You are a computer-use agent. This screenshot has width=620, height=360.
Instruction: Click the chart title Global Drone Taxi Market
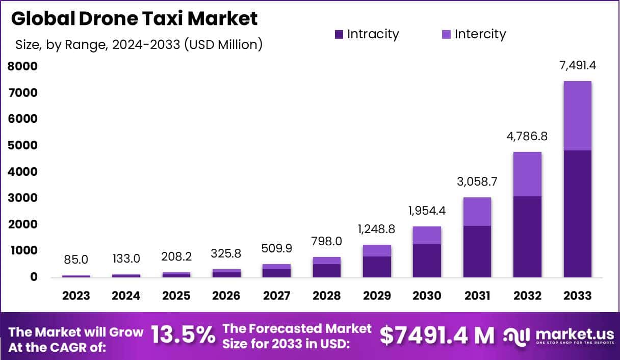coord(134,18)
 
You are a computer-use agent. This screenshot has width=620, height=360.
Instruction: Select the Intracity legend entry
coord(367,35)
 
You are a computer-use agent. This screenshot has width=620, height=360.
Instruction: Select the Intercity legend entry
coord(474,35)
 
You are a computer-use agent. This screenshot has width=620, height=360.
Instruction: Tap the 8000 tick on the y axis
coord(22,66)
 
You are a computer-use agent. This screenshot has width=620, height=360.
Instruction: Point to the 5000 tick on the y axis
coord(22,145)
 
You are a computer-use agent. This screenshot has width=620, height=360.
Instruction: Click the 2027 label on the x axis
coord(276,296)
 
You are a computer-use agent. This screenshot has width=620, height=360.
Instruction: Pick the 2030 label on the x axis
coord(427,296)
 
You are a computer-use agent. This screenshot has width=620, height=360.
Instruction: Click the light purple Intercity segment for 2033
coord(577,115)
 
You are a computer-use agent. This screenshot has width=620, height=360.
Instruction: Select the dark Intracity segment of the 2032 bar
coord(527,237)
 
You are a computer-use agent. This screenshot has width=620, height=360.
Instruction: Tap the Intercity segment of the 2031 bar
coord(477,212)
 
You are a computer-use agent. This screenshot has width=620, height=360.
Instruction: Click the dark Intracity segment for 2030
coord(427,261)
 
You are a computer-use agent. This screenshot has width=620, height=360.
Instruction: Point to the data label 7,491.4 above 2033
coord(577,66)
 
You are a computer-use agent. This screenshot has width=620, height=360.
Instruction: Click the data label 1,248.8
coord(377,229)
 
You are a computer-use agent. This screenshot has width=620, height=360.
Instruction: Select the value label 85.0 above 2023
coord(76,260)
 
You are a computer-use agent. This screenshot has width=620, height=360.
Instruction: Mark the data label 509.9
coord(276,249)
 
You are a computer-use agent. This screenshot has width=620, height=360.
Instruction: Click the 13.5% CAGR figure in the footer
coord(183,336)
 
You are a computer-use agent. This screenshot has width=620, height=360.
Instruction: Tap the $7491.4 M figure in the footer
coord(437,336)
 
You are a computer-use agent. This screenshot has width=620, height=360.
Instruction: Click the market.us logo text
coord(569,334)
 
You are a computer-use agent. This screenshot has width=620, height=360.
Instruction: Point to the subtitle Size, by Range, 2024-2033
coord(139,45)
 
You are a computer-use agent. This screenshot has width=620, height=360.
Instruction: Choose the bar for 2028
coord(327,267)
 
